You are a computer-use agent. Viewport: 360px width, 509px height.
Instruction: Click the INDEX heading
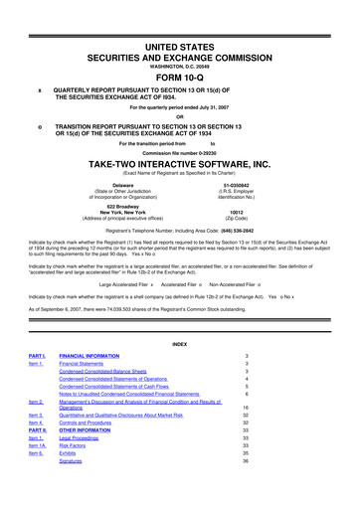(x=179, y=343)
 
